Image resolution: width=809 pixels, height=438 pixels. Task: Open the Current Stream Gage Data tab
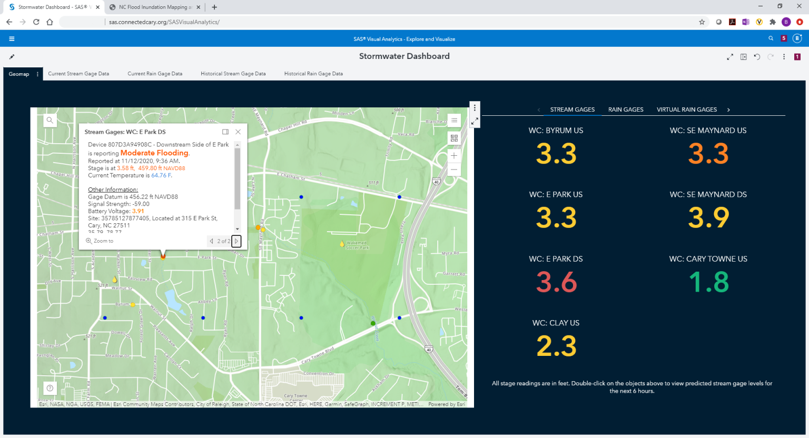coord(78,74)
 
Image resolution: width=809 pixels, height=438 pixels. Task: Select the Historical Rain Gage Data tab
coord(313,74)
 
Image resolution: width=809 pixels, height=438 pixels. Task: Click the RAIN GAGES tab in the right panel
coord(626,109)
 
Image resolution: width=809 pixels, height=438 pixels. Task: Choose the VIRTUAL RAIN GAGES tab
coord(686,109)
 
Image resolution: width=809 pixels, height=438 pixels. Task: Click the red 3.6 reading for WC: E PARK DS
coord(556,282)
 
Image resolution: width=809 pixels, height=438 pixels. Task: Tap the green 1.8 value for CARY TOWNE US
coord(708,282)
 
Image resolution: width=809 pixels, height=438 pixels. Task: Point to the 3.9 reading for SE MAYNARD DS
coord(708,218)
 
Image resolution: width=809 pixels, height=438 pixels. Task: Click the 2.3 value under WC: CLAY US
coord(556,346)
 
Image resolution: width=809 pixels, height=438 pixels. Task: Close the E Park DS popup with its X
coord(238,132)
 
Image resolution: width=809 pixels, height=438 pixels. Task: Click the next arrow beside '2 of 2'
coord(236,241)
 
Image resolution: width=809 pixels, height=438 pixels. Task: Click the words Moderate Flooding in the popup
coord(154,153)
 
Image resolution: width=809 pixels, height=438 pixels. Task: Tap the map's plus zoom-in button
coord(454,156)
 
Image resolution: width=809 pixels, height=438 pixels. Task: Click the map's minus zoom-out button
coord(454,170)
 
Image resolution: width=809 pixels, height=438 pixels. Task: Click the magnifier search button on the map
coord(50,120)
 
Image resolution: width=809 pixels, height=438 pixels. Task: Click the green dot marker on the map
coord(373,323)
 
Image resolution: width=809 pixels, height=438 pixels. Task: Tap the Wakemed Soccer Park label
coord(357,245)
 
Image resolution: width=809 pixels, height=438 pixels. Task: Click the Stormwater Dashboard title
coord(404,56)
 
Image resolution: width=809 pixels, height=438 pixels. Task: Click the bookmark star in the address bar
coord(702,22)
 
